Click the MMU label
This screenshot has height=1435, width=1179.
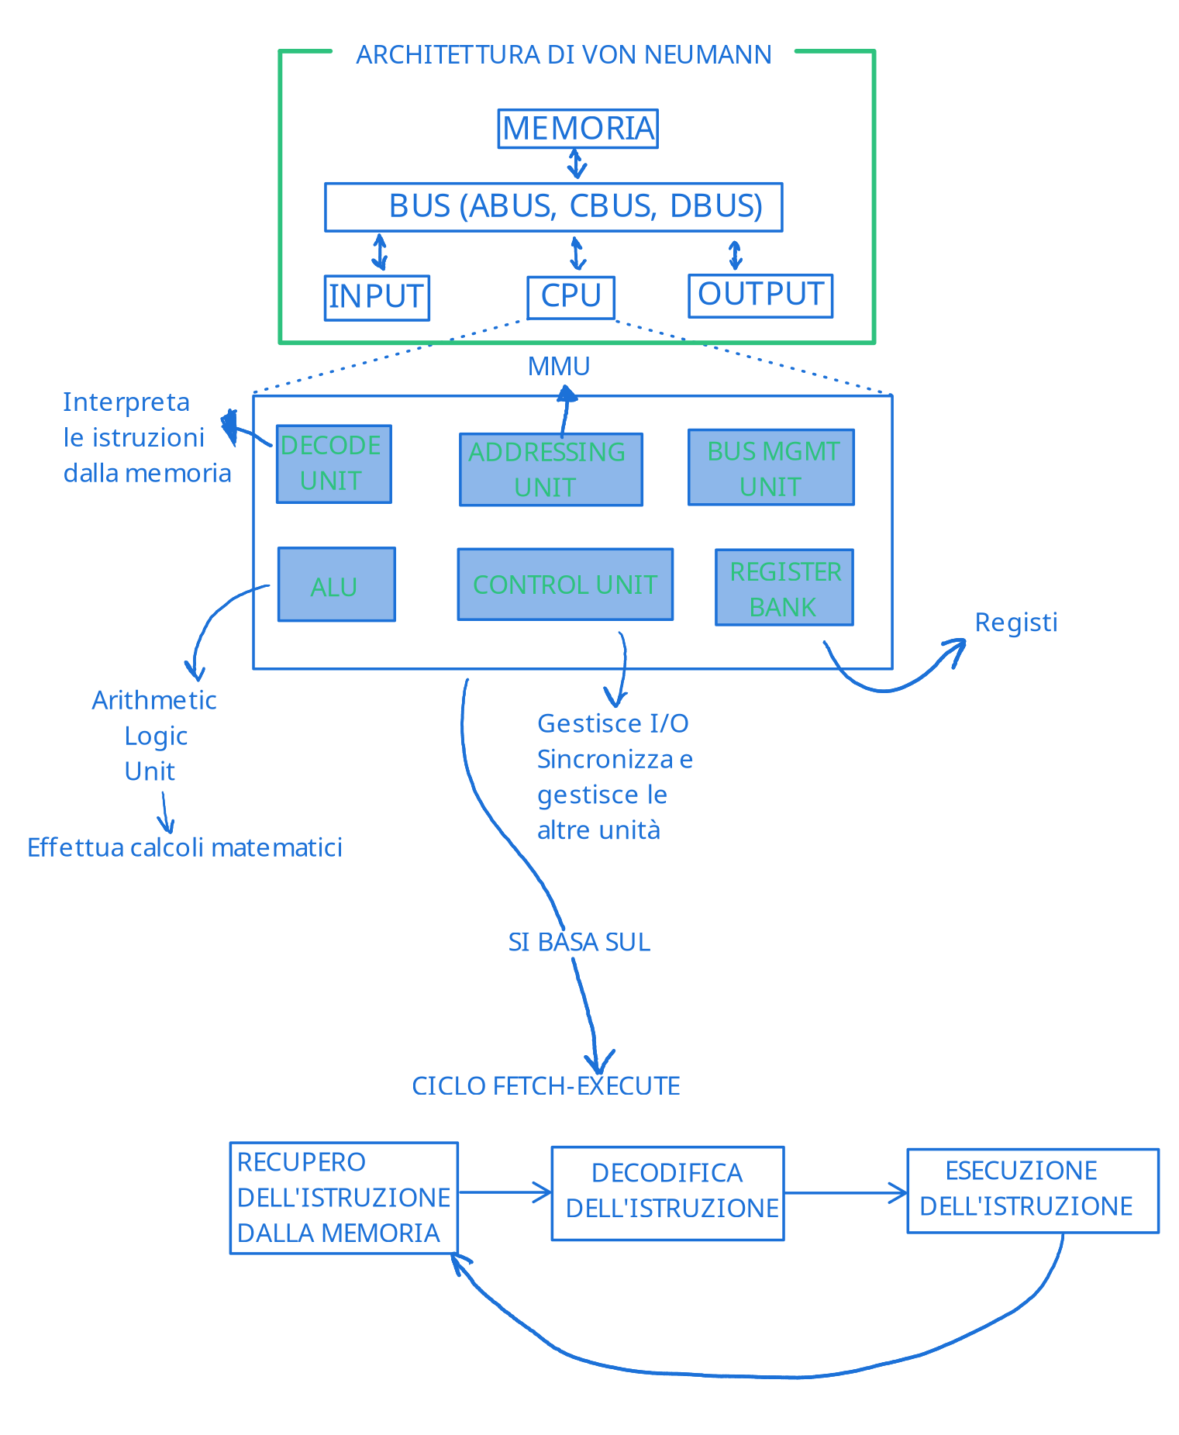pyautogui.click(x=559, y=366)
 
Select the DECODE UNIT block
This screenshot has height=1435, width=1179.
pyautogui.click(x=334, y=464)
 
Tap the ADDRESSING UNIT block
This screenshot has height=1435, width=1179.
pyautogui.click(x=551, y=470)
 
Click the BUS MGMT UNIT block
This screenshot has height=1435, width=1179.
pyautogui.click(x=771, y=467)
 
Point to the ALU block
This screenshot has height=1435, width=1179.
pyautogui.click(x=336, y=585)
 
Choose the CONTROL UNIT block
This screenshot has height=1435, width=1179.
pyautogui.click(x=565, y=585)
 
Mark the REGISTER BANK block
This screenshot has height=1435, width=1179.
pyautogui.click(x=784, y=588)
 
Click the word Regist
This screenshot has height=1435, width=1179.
pyautogui.click(x=1016, y=623)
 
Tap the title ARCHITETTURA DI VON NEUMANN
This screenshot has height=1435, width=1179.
pyautogui.click(x=564, y=55)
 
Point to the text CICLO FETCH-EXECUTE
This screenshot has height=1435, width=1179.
pyautogui.click(x=546, y=1086)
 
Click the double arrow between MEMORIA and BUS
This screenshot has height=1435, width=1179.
pyautogui.click(x=576, y=164)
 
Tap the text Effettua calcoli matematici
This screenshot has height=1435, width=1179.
pyautogui.click(x=184, y=847)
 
